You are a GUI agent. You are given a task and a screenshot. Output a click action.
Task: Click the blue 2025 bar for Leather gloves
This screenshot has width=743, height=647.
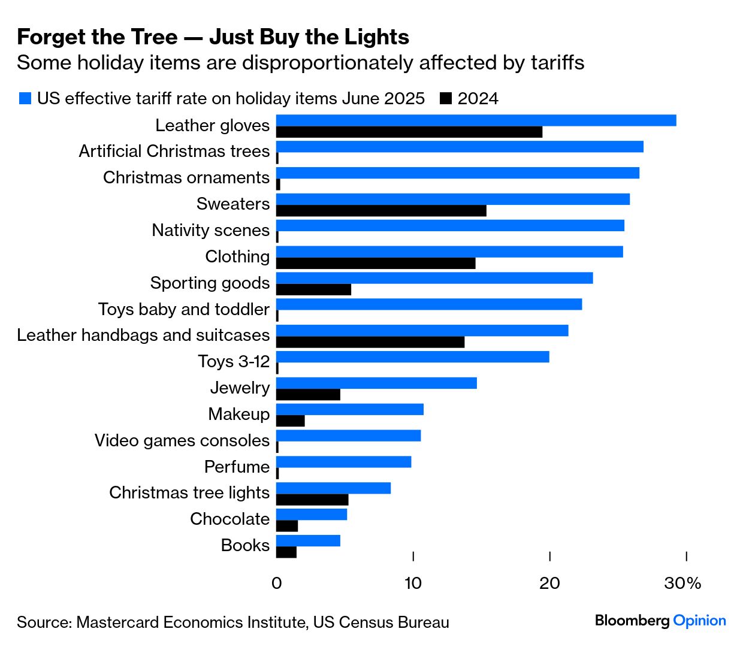476,120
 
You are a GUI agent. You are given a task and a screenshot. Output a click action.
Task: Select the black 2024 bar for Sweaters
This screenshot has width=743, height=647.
381,211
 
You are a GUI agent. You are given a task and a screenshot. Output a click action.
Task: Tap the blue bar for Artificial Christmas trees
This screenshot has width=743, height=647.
460,147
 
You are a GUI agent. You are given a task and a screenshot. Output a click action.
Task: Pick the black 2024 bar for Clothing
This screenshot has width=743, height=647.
376,264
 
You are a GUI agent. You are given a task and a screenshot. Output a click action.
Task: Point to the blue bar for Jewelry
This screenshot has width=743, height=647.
376,383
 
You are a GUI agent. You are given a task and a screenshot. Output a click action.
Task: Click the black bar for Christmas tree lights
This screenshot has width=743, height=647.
312,500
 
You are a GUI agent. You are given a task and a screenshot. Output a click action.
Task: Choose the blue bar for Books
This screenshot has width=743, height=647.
308,541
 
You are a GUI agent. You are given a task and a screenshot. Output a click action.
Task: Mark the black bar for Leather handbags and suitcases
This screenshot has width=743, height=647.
370,342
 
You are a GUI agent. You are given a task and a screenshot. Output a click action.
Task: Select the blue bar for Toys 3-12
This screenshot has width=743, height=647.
412,357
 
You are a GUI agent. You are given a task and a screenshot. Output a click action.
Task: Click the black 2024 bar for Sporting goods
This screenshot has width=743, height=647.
313,290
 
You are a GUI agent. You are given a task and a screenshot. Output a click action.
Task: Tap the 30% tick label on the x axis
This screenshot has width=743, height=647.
682,583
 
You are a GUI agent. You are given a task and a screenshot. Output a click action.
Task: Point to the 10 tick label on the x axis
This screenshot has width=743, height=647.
413,583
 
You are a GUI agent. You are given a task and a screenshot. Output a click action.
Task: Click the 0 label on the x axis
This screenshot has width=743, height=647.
276,583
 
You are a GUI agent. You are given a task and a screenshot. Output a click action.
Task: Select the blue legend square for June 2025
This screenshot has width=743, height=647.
25,99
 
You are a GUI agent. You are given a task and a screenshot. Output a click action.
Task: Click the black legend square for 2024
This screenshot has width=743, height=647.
445,99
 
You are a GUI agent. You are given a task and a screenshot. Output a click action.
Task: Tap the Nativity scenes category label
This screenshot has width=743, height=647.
210,230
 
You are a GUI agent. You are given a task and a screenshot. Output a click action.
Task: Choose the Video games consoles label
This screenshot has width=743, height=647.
182,440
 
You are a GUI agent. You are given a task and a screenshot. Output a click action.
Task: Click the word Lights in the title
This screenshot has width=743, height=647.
377,37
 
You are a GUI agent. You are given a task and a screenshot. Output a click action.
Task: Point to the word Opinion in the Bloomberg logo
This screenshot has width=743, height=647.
699,621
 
